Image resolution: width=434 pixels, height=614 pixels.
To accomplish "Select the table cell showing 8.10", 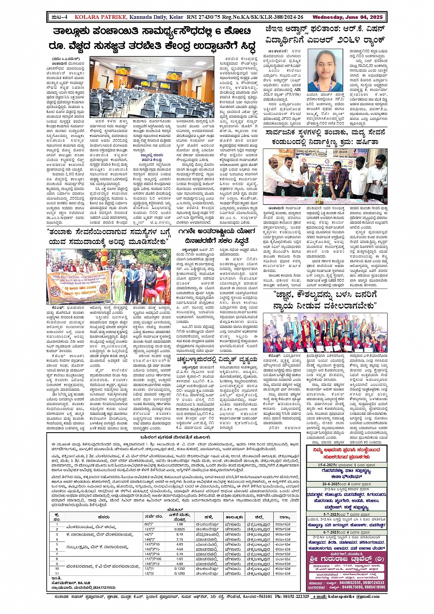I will (180, 535).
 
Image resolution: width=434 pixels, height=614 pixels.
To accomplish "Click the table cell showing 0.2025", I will (180, 529).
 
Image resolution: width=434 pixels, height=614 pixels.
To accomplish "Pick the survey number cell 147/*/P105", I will (152, 559).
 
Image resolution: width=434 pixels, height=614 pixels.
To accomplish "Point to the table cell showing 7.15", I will (180, 540).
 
